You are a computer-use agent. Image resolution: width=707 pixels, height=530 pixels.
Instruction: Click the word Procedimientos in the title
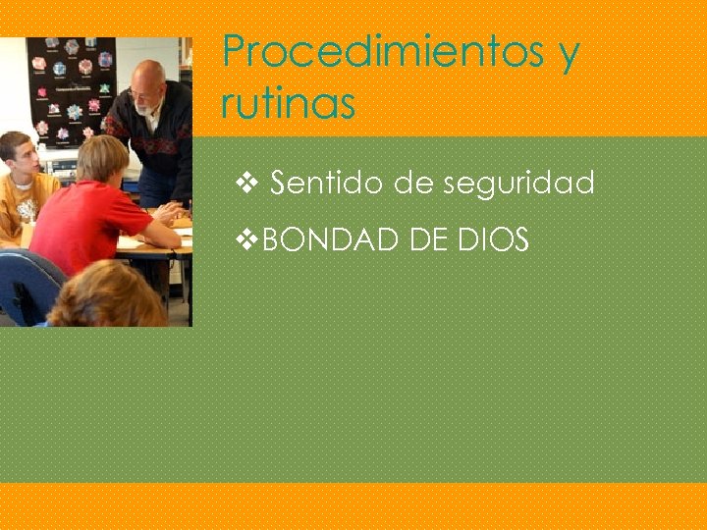coord(381,52)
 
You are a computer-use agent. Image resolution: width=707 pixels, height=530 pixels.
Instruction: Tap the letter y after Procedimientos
coord(569,55)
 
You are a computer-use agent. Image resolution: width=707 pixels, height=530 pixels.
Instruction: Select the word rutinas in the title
coord(288,102)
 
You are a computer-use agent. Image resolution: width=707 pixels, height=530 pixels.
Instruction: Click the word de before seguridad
coord(413,183)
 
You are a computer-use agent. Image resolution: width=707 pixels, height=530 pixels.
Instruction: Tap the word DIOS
coord(494,239)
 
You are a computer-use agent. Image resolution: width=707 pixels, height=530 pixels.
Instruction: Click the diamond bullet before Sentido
coord(247,183)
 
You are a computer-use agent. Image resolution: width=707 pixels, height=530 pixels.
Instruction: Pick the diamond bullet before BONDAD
coord(249,239)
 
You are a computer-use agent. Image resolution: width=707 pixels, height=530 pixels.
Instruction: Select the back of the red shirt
coord(83,226)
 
